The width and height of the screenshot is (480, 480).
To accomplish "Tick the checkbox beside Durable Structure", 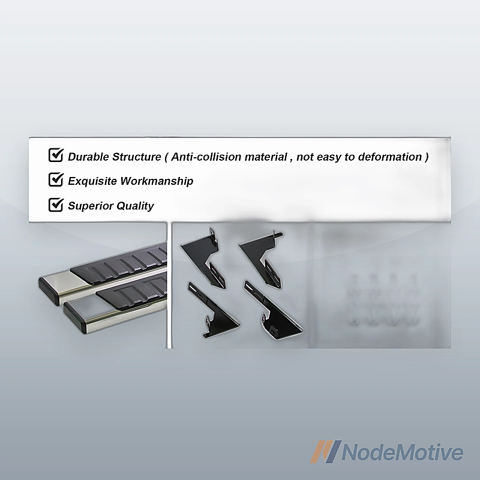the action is tap(56, 155).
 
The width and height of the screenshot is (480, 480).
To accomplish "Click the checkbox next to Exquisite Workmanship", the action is tap(56, 179).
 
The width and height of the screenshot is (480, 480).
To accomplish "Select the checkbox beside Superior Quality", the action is tap(56, 205).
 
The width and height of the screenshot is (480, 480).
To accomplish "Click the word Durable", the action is tap(88, 157).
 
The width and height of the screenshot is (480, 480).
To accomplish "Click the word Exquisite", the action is tap(92, 181).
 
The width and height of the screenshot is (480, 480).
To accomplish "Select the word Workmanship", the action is tap(157, 181).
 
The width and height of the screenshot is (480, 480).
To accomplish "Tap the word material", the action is tap(266, 157).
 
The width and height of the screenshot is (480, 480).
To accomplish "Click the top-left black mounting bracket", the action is tap(203, 257).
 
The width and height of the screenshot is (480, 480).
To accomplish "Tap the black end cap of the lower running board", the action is tap(75, 317).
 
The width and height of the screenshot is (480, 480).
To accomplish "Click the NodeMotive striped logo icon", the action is tap(325, 452).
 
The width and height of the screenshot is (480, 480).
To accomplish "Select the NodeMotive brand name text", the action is tap(402, 452).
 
